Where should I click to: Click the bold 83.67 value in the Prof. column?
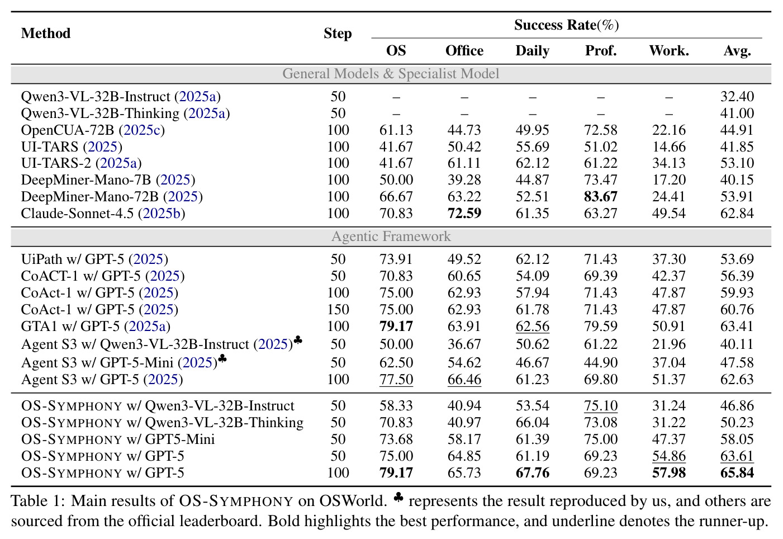601,197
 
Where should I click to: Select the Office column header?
464,51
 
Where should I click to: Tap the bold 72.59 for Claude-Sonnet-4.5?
464,214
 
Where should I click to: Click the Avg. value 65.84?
737,473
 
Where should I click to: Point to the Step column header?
338,34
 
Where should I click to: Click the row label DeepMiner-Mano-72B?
90,197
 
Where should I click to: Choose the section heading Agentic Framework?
391,237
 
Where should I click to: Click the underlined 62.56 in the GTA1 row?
533,327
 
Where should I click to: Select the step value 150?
338,310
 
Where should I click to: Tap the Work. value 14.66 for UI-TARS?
668,147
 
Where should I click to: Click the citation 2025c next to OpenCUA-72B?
141,130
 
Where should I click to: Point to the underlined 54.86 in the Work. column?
668,456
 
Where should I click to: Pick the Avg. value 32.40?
737,97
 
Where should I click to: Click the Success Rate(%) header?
566,25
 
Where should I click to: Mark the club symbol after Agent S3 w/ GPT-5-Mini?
222,358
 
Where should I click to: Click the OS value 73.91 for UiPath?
396,259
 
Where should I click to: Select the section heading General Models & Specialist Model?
391,74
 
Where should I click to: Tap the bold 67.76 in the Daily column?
533,473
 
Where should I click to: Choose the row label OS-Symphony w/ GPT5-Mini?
118,439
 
